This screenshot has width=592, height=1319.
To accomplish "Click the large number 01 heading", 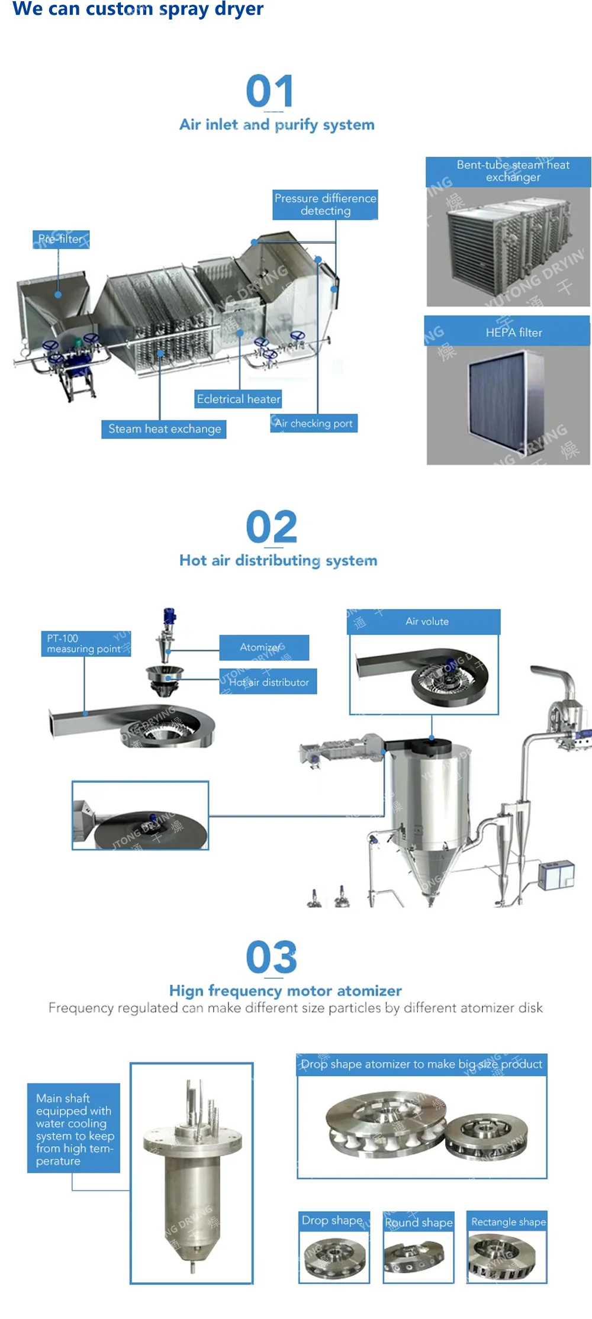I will (270, 91).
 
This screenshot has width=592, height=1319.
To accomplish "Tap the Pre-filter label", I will (61, 239).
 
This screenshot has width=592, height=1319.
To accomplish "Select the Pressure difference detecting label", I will (325, 205).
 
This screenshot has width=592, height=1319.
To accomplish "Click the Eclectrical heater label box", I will (239, 399).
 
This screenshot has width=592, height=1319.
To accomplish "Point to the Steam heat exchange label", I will (164, 429).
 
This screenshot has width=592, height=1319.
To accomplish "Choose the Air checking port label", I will (314, 423).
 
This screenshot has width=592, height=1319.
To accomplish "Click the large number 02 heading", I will (271, 527).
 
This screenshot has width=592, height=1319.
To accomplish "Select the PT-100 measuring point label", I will (86, 644).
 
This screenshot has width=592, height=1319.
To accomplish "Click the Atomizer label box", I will (263, 647).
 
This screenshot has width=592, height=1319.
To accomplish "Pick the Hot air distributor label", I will (269, 682).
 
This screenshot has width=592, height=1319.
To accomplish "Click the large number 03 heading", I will (271, 957).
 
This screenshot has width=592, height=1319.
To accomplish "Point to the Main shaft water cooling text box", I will (73, 1128).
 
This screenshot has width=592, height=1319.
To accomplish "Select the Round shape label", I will (419, 1223).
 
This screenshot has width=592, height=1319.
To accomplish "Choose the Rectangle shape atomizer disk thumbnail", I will (507, 1256).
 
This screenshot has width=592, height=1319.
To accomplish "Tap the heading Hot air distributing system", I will (278, 560).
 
